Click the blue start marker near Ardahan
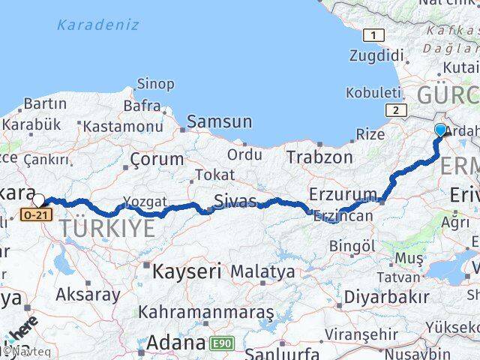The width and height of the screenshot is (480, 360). click(x=440, y=130)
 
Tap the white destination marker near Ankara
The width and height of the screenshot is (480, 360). click(x=39, y=200)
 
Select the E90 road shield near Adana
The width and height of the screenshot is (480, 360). click(x=221, y=343)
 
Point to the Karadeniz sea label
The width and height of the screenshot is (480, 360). click(x=97, y=24)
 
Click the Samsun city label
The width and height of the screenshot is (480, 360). click(x=219, y=121)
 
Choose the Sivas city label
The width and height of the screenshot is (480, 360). click(x=235, y=201)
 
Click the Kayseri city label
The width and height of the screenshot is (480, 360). click(x=187, y=270)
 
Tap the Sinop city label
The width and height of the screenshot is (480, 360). click(x=156, y=84)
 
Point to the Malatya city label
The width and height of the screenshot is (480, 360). click(x=262, y=271)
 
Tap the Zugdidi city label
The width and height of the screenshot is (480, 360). click(x=377, y=55)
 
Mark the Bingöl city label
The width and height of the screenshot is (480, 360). click(x=352, y=245)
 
